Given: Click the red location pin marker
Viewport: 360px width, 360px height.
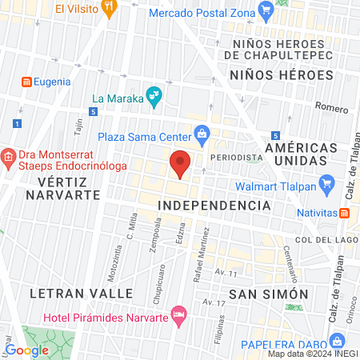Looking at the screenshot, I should (181, 163).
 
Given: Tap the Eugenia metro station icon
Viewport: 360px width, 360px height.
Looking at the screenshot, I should (26, 82).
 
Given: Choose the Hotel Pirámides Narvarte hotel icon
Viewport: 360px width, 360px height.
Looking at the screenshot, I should (178, 311).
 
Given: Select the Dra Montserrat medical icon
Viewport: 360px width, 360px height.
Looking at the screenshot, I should (9, 155).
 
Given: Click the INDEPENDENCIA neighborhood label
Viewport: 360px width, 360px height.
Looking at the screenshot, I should (214, 206).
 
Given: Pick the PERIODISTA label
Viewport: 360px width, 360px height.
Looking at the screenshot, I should (236, 158).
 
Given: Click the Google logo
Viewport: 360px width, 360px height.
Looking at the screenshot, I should (27, 350).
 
